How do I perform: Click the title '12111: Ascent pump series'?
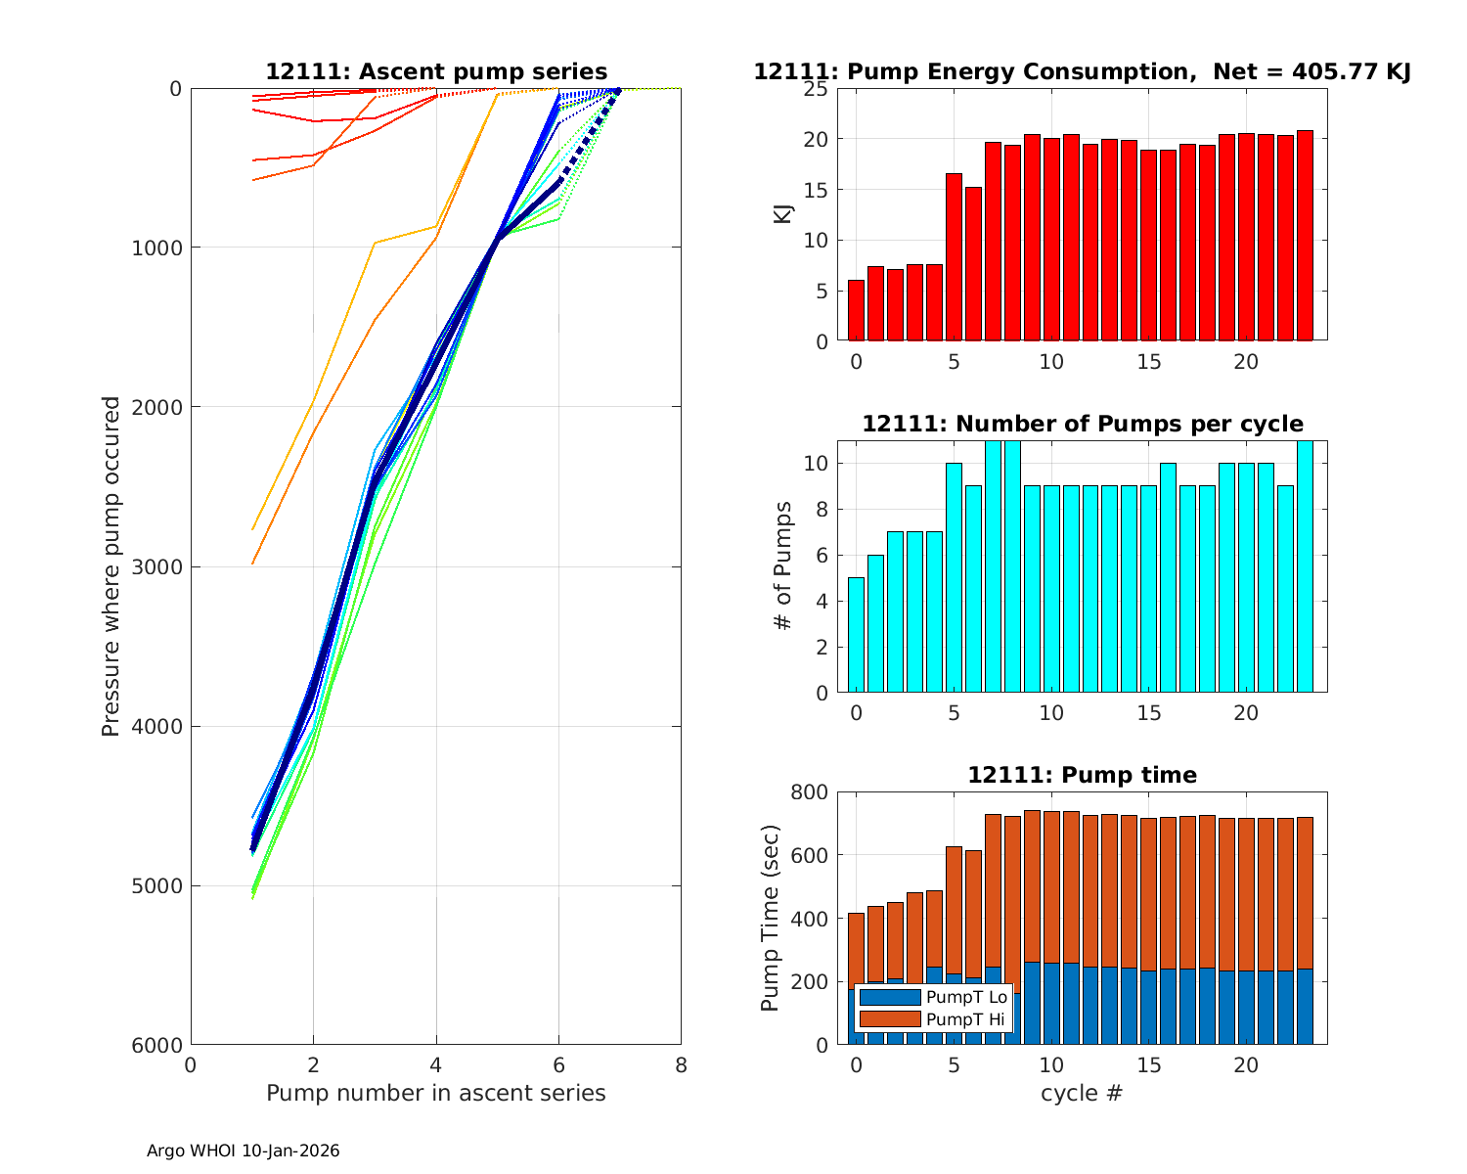(436, 72)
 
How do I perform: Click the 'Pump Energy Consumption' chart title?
(1082, 72)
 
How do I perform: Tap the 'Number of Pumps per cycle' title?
(1082, 424)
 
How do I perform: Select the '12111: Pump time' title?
(1082, 775)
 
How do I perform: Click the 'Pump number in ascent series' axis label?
(436, 1093)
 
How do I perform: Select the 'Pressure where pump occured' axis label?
(111, 566)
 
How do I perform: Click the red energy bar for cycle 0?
(856, 310)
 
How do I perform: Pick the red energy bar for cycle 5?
(954, 257)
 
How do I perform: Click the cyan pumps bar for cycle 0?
(856, 635)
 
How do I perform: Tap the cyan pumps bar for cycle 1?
(875, 623)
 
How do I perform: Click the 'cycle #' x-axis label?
(1082, 1093)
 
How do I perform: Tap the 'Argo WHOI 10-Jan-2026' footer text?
(244, 1151)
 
